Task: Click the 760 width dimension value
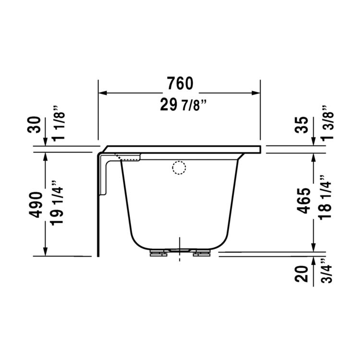[x=180, y=84]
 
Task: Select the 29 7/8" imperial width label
[x=180, y=105]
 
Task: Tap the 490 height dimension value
[x=36, y=205]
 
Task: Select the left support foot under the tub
[x=157, y=253]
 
